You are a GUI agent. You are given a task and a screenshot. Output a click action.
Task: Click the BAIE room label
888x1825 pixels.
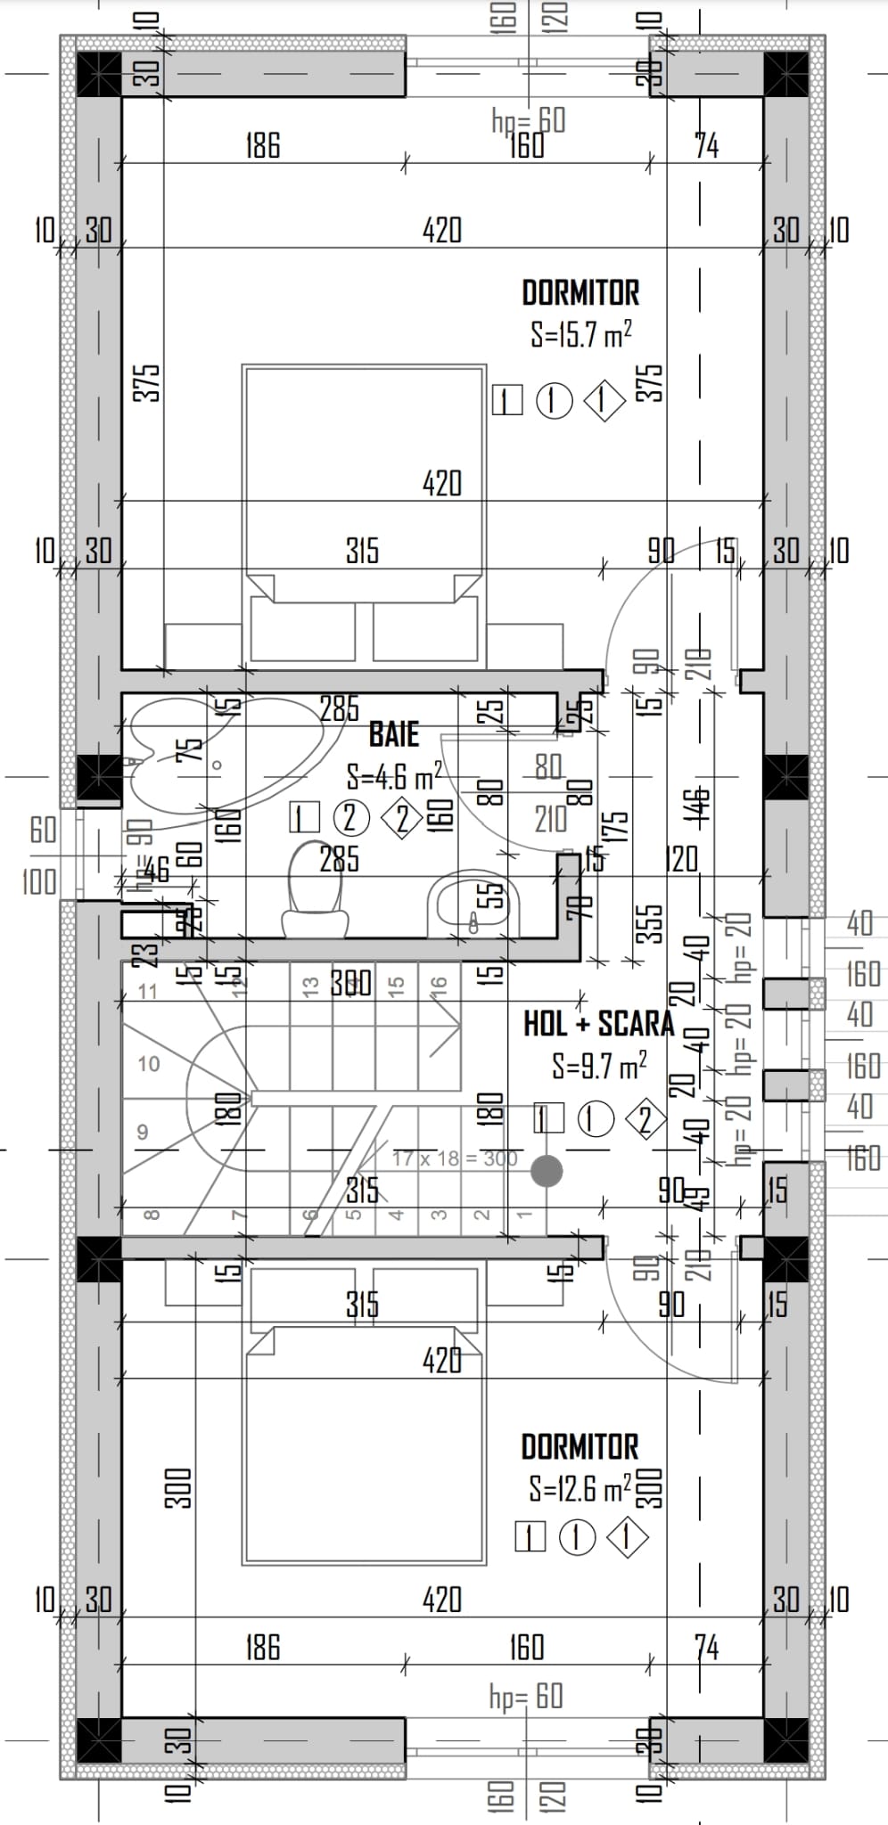394,735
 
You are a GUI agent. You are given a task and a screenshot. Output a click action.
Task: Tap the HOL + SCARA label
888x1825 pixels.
598,1024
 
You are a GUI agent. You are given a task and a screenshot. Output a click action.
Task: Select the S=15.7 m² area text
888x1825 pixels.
581,335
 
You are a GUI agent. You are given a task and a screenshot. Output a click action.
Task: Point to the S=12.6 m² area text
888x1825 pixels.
580,1487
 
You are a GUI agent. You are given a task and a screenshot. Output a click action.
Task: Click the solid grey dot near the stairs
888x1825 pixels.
547,1170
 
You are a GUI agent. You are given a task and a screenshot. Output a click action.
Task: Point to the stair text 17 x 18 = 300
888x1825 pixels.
454,1158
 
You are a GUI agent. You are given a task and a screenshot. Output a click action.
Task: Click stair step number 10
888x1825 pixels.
149,1063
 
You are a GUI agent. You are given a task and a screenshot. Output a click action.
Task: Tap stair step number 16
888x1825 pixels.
438,985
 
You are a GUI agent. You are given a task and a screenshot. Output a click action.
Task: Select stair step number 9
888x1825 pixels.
142,1133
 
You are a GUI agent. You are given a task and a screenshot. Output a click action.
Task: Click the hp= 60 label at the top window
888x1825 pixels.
529,119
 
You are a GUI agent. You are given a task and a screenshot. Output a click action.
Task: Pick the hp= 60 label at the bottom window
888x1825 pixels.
526,1696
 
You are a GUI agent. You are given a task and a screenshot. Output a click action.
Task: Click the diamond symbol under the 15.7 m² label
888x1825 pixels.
604,401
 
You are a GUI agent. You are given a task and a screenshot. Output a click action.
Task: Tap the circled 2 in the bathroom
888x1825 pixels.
350,817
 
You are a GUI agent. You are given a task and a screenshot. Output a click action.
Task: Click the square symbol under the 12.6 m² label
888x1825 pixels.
530,1537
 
